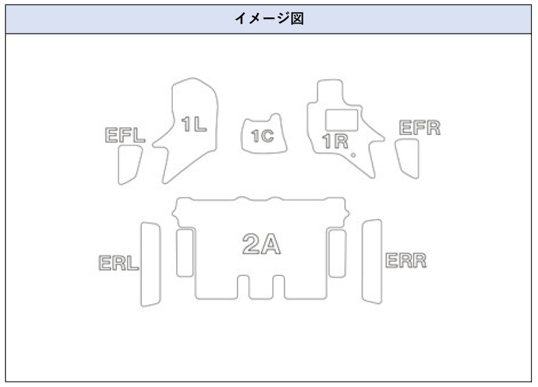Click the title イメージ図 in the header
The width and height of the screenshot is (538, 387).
click(269, 18)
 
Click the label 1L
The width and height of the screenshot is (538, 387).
click(194, 124)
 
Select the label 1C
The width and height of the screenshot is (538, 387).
click(262, 136)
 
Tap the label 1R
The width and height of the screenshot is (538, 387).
click(334, 141)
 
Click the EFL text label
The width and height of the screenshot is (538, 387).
click(125, 135)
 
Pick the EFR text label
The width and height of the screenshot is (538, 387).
click(420, 128)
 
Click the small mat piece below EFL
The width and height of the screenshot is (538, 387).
click(129, 165)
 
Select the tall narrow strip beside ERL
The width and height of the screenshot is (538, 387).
click(151, 264)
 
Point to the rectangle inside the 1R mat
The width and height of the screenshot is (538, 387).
click(342, 119)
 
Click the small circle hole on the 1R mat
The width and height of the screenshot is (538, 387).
click(353, 155)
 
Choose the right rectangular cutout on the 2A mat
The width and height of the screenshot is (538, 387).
click(337, 252)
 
